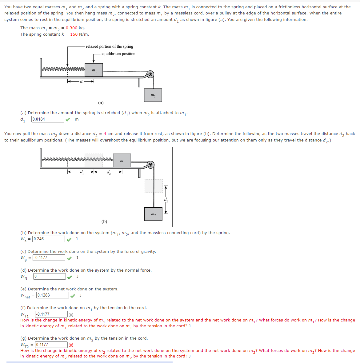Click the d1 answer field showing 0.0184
point(48,119)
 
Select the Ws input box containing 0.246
point(49,239)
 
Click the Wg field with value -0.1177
point(49,258)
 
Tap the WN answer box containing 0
point(49,277)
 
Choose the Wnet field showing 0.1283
point(52,295)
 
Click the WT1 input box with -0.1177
point(51,314)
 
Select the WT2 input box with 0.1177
point(51,345)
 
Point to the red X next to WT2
point(71,345)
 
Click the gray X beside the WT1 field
point(71,315)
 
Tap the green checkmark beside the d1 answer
point(67,120)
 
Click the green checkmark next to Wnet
point(72,296)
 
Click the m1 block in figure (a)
point(94,70)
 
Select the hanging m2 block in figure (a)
point(153,95)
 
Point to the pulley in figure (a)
point(150,74)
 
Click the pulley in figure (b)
point(150,165)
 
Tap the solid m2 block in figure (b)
point(153,214)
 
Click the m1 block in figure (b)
point(122,161)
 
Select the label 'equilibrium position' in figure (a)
point(118,54)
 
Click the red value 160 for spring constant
point(74,34)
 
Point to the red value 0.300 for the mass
point(71,28)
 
